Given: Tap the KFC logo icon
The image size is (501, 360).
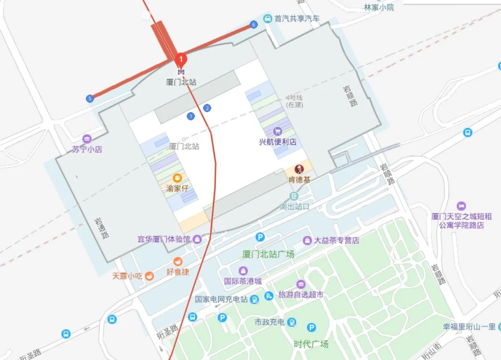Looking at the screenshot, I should tap(299, 169).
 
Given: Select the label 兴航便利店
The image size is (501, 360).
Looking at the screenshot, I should tap(278, 141).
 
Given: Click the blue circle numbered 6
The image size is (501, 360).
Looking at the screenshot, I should tap(254, 25).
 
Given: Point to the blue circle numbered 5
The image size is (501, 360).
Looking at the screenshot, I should tap(90, 99).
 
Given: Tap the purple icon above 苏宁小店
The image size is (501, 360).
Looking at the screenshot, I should tap(87, 139).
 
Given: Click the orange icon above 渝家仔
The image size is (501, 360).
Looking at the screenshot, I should tap(177, 178).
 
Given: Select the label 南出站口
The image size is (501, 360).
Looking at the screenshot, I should tap(294, 206).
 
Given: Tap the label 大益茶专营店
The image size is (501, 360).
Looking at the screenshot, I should tap(336, 240).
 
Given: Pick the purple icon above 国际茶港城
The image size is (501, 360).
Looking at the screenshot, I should tap(243, 271).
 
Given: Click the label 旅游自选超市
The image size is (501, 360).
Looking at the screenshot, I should tap(301, 295).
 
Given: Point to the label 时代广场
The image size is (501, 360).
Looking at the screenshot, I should tap(311, 344).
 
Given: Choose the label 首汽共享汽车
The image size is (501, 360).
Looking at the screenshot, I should tap(297, 19).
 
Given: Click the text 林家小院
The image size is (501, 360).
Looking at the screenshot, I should tap(379, 7).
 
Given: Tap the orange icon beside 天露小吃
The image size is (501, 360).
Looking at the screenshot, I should tap(149, 275).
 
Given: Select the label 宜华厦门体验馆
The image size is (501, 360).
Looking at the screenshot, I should tap(164, 239).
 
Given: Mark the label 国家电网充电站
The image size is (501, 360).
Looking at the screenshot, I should tap(222, 299).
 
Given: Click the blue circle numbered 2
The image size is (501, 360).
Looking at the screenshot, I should tap(207, 108).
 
